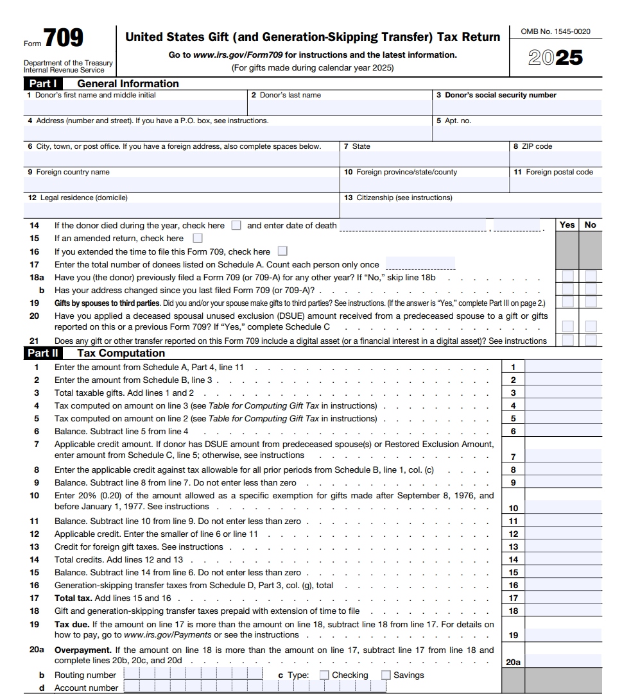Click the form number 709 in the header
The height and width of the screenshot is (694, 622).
pos(63,38)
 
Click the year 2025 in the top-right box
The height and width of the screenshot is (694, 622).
pos(555,58)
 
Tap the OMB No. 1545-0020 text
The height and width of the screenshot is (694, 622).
pos(556,31)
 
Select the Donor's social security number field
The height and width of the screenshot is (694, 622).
pos(517,107)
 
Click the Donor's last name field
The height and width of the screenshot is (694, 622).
pos(340,107)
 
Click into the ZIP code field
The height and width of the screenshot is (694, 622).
pos(556,158)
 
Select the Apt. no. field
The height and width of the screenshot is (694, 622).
pos(517,133)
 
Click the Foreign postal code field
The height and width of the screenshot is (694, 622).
pos(556,184)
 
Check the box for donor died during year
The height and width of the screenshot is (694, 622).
pos(236,226)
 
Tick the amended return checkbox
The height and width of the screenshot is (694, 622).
pos(198,239)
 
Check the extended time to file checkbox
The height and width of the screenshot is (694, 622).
pos(282,251)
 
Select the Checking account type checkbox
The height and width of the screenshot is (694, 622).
pos(324,675)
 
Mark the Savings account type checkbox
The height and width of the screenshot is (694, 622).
pos(386,675)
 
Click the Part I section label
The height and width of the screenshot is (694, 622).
pos(43,83)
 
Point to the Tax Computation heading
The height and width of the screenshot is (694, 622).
pos(121,353)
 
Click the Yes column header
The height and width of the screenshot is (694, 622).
pos(567,225)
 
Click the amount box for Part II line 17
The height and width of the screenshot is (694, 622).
pos(564,598)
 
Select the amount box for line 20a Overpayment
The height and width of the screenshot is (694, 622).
pos(564,661)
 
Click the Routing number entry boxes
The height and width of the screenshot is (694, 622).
pos(193,674)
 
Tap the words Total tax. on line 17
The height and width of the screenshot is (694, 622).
pos(73,598)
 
